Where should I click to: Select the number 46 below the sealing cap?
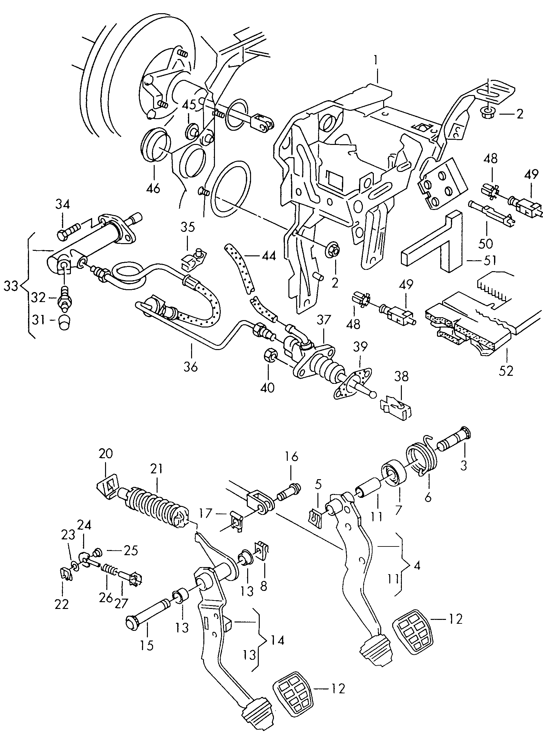[x=153, y=188]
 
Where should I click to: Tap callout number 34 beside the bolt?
[x=63, y=205]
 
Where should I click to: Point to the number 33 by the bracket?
[x=11, y=286]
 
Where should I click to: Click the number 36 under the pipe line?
[x=191, y=366]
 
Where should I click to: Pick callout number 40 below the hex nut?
[x=267, y=388]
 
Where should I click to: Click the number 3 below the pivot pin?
[x=463, y=465]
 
